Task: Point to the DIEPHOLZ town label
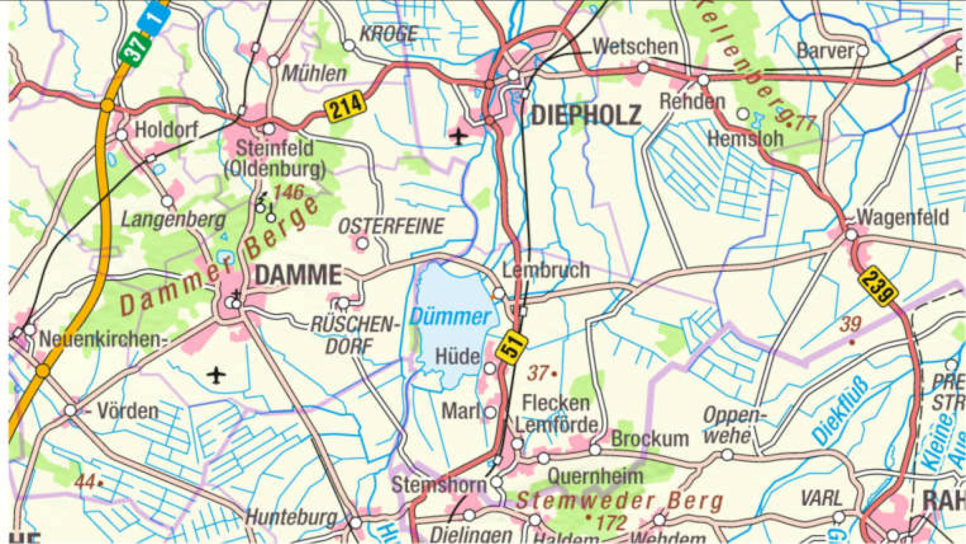click(586, 115)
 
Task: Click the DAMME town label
click(298, 275)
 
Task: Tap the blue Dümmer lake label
click(450, 317)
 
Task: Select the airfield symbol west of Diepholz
click(458, 136)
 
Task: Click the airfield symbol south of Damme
click(216, 375)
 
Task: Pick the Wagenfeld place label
click(903, 218)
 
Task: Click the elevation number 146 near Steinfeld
click(289, 192)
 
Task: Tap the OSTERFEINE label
click(391, 226)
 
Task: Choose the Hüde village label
click(457, 356)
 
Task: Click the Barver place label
click(826, 51)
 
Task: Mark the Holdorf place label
click(166, 130)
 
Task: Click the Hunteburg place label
click(291, 517)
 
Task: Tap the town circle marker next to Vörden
click(70, 410)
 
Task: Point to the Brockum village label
click(650, 439)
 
